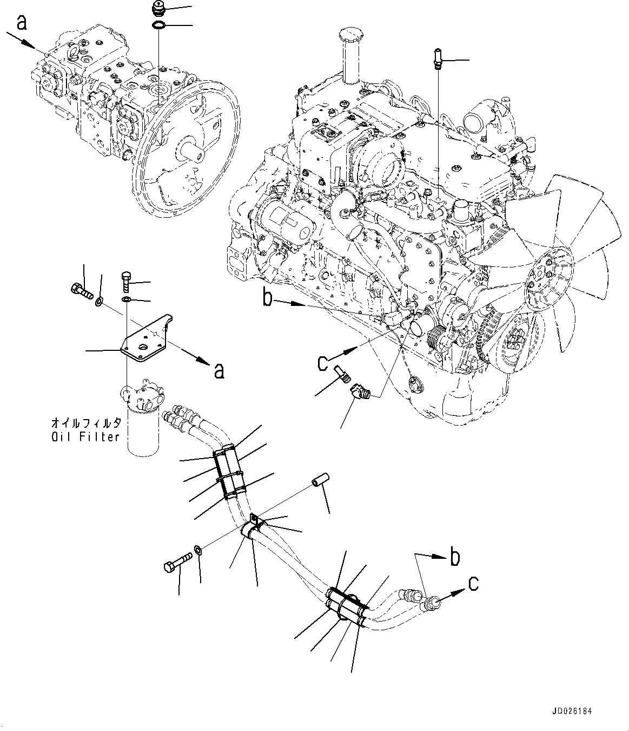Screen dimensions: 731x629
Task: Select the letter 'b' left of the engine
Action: click(267, 298)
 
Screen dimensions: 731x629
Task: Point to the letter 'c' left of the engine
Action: click(323, 362)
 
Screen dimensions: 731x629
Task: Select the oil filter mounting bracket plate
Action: click(143, 342)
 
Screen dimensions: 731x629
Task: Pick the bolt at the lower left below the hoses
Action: click(176, 563)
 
